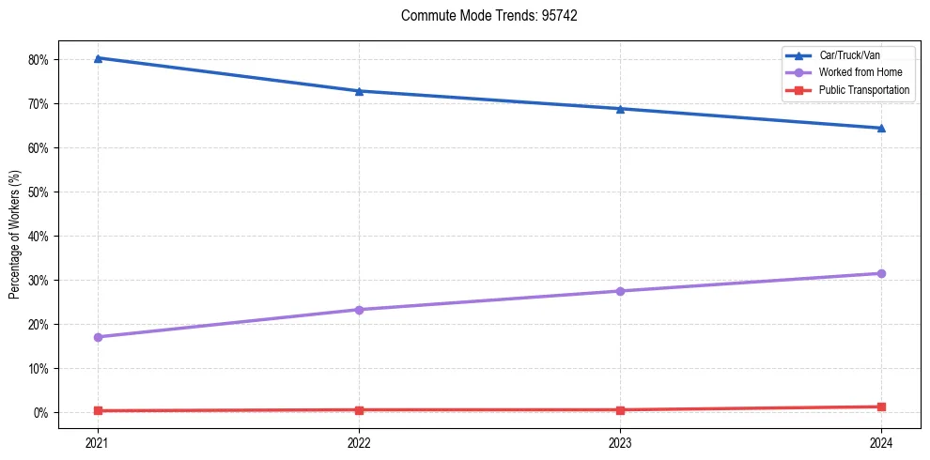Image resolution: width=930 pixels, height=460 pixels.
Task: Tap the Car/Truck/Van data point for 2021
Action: click(x=98, y=58)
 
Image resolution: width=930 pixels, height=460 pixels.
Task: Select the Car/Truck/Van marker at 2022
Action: click(x=359, y=91)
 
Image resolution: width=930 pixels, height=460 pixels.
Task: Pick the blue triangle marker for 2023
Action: click(x=620, y=109)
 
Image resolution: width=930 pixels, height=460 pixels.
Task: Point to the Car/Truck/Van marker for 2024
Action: click(x=881, y=128)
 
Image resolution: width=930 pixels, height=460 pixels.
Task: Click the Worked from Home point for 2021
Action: click(x=98, y=337)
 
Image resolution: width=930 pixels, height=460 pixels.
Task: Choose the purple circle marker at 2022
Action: click(x=359, y=310)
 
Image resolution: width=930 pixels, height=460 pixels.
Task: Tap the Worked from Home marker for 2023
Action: click(x=620, y=291)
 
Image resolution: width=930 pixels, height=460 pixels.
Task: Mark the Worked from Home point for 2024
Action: click(x=881, y=273)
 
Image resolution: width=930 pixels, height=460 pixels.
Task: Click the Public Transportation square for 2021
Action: click(x=98, y=410)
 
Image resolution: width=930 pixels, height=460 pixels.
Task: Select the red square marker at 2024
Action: click(x=881, y=406)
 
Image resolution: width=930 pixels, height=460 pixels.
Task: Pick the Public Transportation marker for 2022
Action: click(x=359, y=409)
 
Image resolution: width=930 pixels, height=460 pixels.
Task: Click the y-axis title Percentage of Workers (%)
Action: click(x=15, y=235)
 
